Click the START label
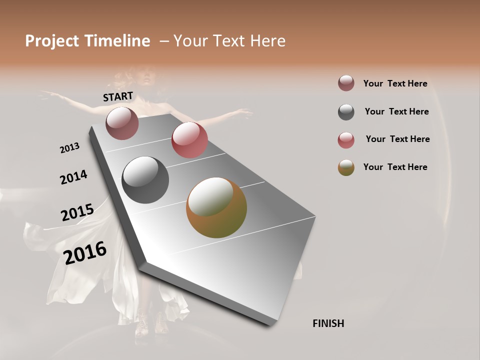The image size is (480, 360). [118, 96]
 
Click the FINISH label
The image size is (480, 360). [328, 323]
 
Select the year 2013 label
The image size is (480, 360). [69, 148]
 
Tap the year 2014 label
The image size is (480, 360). [73, 177]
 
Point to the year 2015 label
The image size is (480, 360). [77, 212]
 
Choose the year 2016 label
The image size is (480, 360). [85, 252]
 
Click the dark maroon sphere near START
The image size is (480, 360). [122, 123]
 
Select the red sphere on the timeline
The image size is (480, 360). [189, 140]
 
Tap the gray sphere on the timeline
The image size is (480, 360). [145, 180]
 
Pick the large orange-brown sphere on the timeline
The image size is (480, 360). [216, 207]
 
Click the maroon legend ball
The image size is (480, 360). [346, 83]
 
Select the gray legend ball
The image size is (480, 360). [346, 112]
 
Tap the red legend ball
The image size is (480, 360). [346, 140]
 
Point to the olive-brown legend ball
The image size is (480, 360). [346, 167]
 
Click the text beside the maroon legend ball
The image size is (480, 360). [395, 84]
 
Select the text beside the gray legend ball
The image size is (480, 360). [396, 111]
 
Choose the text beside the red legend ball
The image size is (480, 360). [397, 139]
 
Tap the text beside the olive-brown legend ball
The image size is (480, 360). [395, 167]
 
